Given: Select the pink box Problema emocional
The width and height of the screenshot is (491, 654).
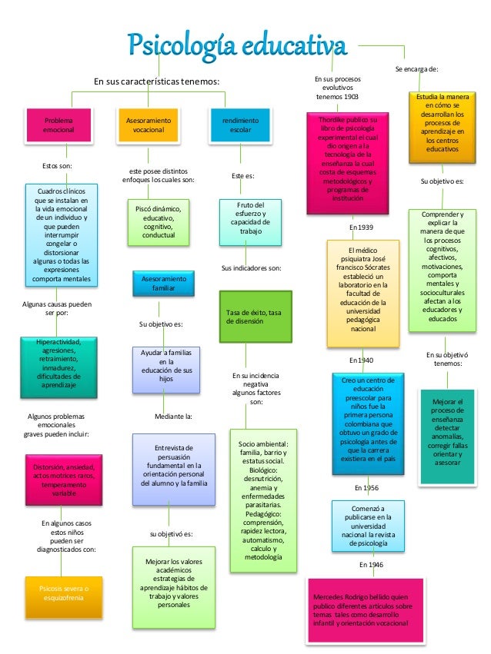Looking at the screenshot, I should (x=59, y=126).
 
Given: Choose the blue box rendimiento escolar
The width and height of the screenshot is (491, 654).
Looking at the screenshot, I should (x=240, y=126).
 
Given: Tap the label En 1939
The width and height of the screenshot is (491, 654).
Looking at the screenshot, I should (x=361, y=227).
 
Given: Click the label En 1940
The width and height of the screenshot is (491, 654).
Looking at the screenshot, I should (x=361, y=360).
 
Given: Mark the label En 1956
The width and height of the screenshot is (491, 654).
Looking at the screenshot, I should (x=366, y=487).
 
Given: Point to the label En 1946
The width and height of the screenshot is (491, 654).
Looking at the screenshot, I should (x=371, y=565).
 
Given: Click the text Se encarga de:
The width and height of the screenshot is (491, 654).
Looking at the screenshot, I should (x=416, y=69).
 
